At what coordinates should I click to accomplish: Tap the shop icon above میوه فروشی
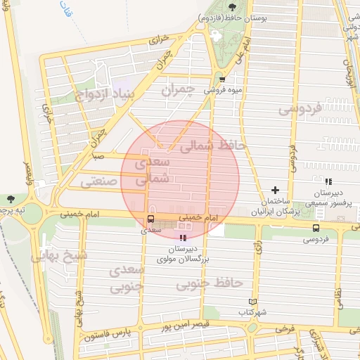click(222, 79)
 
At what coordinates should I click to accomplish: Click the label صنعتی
click(96, 181)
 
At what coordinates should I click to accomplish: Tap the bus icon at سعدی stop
click(150, 219)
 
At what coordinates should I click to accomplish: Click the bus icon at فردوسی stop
click(315, 228)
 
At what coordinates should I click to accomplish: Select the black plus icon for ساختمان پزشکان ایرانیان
click(275, 190)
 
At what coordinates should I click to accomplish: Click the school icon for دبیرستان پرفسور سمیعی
click(328, 181)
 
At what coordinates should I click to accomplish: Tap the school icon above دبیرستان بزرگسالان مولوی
click(184, 238)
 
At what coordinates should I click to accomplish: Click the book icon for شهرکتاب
click(253, 302)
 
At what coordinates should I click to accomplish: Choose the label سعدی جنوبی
click(127, 278)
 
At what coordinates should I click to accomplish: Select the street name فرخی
click(284, 328)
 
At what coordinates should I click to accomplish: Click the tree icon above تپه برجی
click(10, 199)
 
